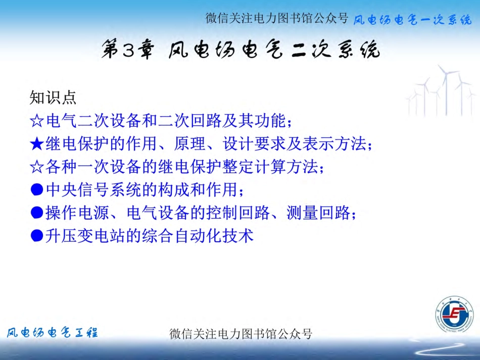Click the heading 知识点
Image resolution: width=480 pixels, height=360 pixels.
click(x=53, y=96)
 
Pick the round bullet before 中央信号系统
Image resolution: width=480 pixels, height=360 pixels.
click(x=37, y=190)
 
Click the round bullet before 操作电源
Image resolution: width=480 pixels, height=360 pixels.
click(x=37, y=213)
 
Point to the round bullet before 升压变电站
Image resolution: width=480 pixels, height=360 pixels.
click(x=37, y=236)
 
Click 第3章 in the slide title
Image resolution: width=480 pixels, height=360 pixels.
click(x=127, y=51)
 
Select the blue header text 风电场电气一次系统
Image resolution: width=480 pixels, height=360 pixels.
click(x=412, y=20)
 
